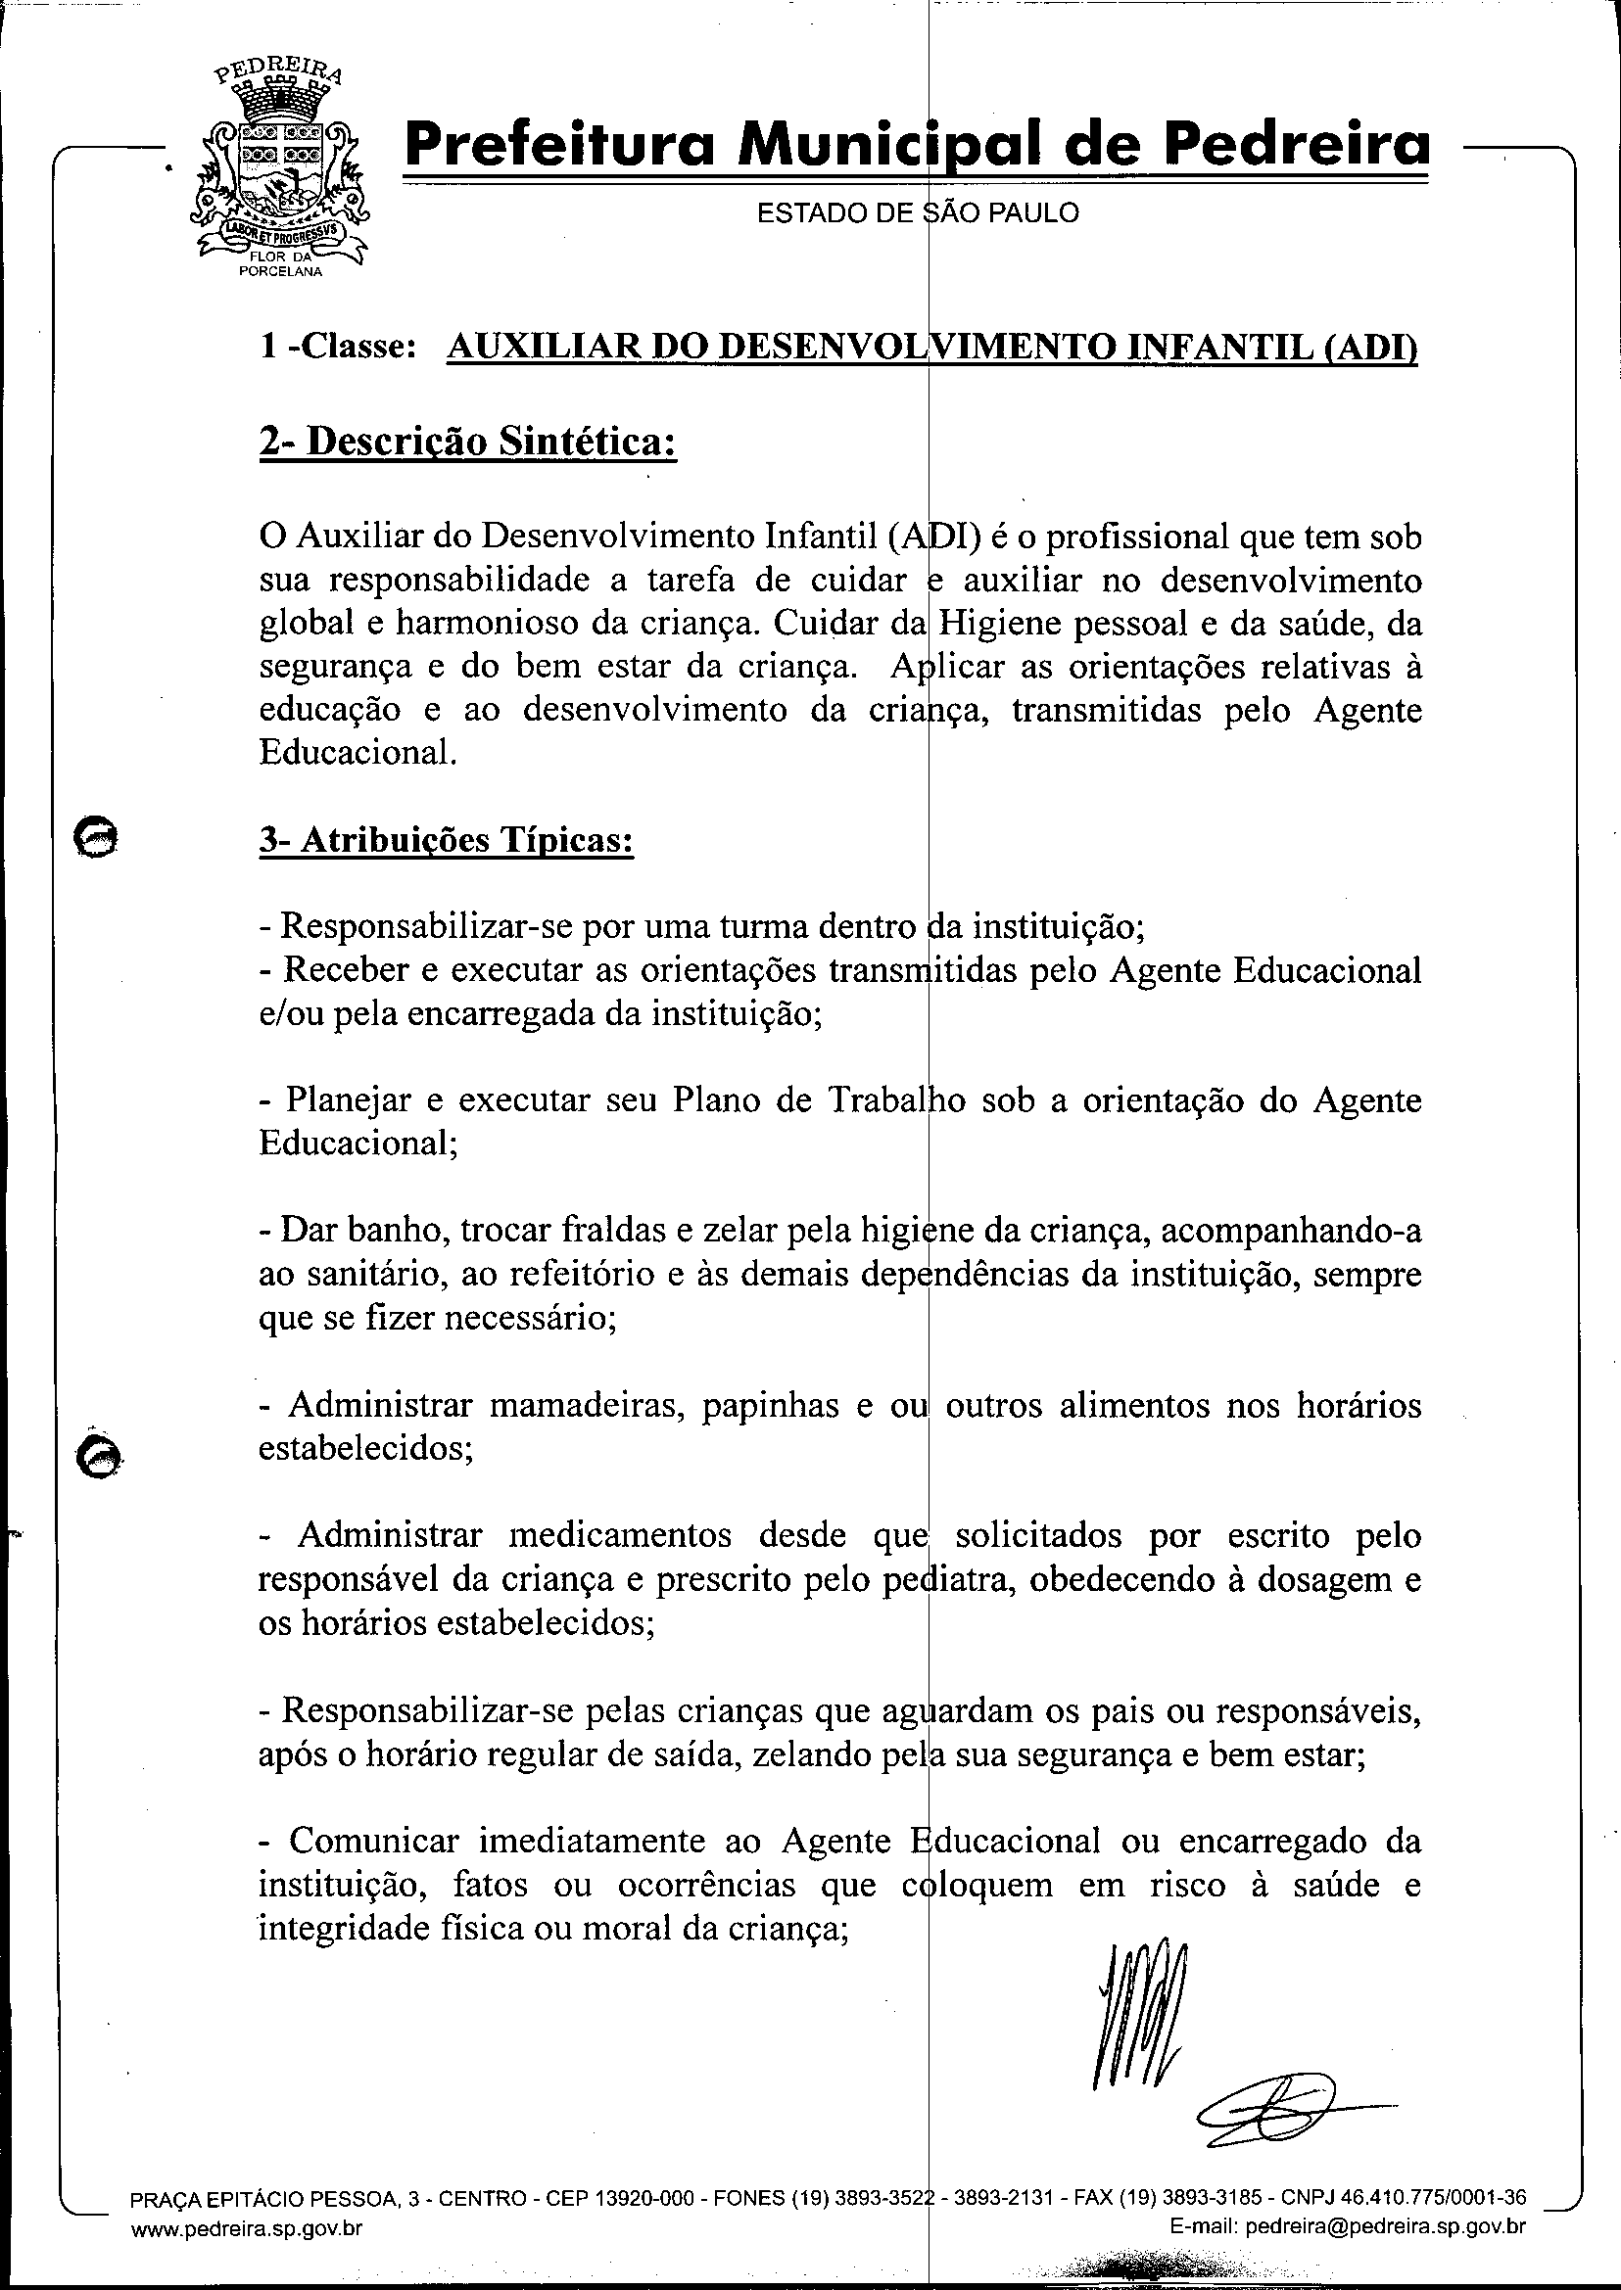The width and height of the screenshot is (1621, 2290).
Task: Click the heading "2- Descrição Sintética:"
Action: [x=467, y=440]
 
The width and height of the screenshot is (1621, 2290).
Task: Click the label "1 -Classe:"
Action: [x=337, y=347]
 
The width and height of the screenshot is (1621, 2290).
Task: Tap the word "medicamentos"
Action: [x=620, y=1534]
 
